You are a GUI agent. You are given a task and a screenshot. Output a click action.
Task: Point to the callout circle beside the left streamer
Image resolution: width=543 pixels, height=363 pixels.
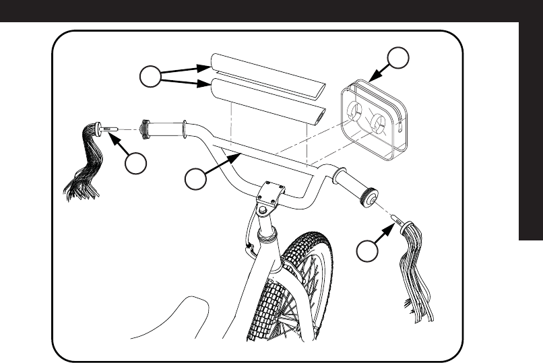click(x=137, y=163)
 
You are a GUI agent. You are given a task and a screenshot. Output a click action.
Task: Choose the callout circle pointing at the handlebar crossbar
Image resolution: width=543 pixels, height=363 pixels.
click(x=195, y=180)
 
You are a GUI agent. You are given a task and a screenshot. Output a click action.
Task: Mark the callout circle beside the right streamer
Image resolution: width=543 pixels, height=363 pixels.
click(x=366, y=251)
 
